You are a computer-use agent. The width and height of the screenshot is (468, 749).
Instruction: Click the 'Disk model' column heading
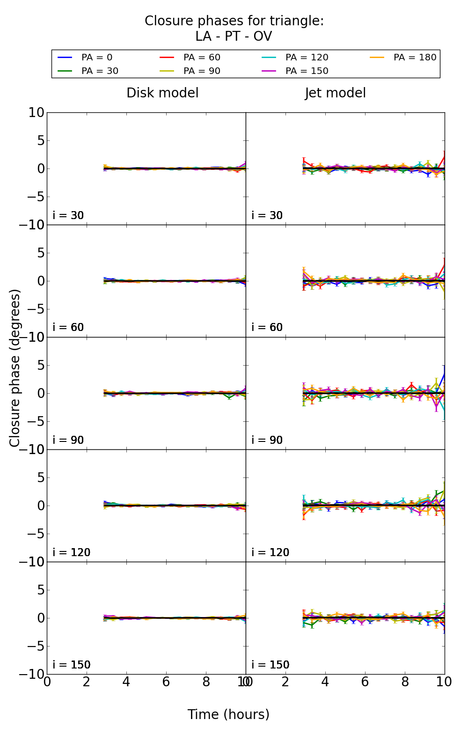click(x=162, y=93)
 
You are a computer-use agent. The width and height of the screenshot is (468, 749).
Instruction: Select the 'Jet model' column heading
click(x=335, y=93)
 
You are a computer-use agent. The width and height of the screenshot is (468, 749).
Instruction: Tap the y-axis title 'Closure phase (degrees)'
click(x=15, y=368)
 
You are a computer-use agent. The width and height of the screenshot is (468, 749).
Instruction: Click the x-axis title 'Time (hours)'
click(x=228, y=715)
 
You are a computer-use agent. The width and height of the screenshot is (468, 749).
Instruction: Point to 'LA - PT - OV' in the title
click(x=234, y=37)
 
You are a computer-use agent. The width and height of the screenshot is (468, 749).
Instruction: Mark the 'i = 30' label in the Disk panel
click(x=68, y=215)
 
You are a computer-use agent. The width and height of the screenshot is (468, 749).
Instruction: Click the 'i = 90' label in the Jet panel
click(x=267, y=440)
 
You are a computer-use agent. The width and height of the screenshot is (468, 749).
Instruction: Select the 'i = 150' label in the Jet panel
click(x=271, y=665)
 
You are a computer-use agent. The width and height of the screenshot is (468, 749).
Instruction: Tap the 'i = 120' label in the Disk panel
click(x=72, y=552)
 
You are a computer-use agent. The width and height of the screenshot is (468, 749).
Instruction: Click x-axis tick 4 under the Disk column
click(x=126, y=682)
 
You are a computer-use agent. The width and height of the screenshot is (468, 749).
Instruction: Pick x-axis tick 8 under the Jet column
click(x=405, y=682)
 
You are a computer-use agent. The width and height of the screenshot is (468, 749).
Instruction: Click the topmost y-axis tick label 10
click(x=36, y=113)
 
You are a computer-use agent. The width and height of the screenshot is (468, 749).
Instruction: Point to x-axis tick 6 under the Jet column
click(x=365, y=682)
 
